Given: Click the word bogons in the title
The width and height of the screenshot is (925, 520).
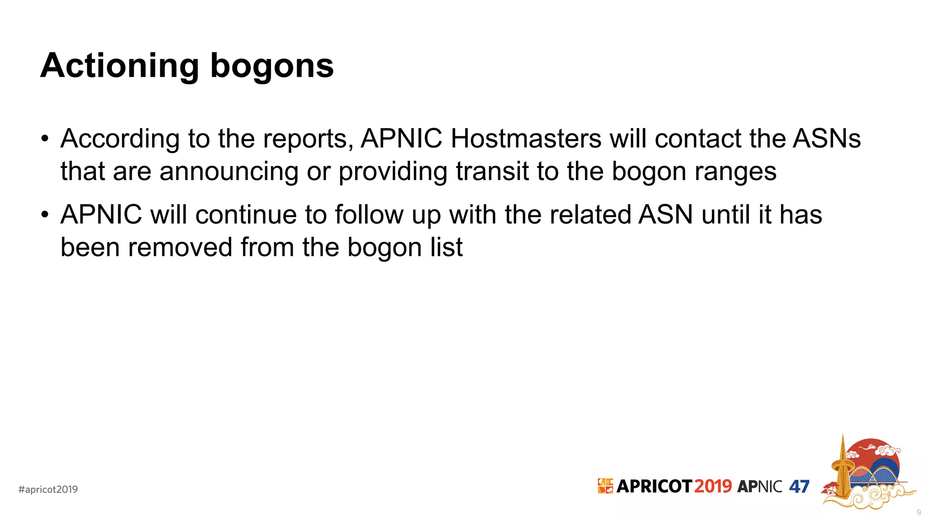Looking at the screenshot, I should click(x=272, y=66).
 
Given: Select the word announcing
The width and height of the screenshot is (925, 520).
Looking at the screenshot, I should click(x=229, y=172).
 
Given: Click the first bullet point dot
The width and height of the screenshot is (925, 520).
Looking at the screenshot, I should click(x=44, y=139).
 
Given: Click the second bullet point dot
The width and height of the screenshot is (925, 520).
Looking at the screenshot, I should click(x=44, y=215).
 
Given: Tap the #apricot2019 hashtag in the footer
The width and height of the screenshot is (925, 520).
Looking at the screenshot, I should click(x=48, y=489).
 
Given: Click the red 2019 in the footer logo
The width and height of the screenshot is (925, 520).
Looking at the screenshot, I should click(x=713, y=486).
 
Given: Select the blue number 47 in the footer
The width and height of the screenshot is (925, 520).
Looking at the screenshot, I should click(x=799, y=487).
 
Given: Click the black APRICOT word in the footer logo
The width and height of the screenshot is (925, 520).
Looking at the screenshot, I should click(x=654, y=486).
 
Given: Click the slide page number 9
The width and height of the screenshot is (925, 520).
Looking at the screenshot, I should click(x=919, y=512).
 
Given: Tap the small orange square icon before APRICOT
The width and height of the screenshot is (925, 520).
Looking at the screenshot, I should click(x=605, y=486).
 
